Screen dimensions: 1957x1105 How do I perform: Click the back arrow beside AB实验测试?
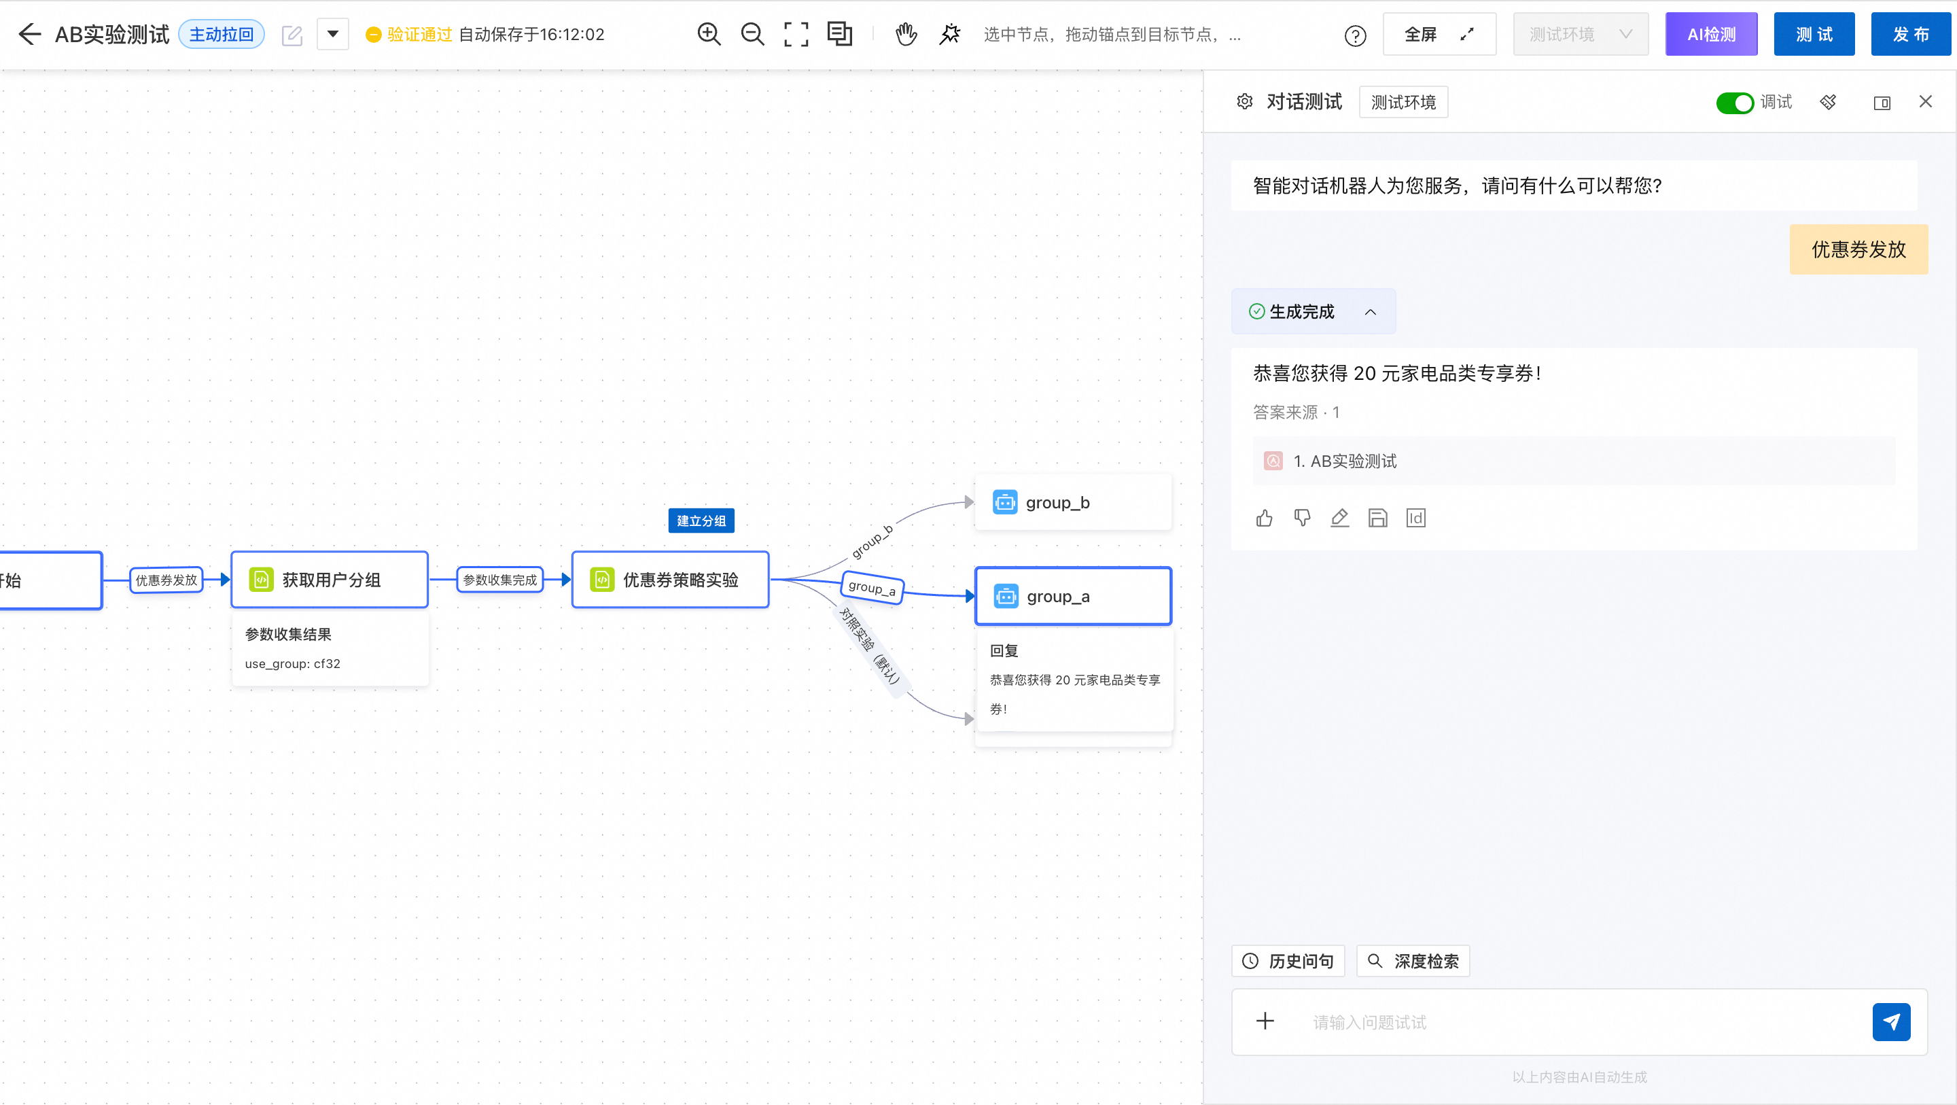click(x=30, y=34)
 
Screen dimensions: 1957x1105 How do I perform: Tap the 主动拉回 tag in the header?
click(x=221, y=34)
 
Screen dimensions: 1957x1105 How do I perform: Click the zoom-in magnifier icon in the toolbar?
click(x=709, y=34)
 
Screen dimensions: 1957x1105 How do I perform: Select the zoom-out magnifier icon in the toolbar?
click(x=752, y=34)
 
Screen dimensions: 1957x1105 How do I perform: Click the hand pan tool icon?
click(x=906, y=34)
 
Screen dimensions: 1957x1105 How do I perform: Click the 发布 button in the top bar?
click(x=1911, y=34)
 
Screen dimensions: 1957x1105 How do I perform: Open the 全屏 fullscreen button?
click(x=1439, y=34)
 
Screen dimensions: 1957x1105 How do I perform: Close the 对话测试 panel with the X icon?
click(x=1925, y=102)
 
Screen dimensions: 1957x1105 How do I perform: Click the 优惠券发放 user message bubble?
click(x=1858, y=249)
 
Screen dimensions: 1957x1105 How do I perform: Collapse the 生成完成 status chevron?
click(x=1371, y=312)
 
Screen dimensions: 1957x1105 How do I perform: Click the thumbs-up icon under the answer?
click(x=1264, y=519)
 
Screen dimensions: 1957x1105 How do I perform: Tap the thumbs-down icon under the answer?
click(x=1302, y=519)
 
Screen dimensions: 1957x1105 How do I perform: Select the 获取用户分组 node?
click(x=330, y=580)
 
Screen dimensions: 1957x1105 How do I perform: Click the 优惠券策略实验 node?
click(x=670, y=580)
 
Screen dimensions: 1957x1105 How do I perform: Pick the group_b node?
click(x=1073, y=502)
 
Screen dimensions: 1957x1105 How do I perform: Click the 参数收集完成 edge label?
click(x=500, y=580)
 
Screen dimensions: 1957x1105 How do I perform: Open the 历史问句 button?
click(x=1288, y=962)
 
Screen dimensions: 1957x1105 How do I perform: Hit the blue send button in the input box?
click(x=1891, y=1022)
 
